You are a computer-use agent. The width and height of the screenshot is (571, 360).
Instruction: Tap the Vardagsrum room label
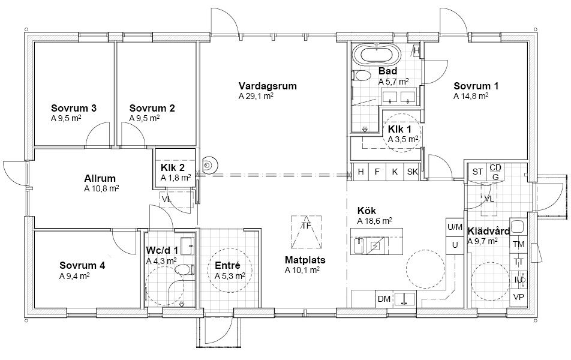click(268, 86)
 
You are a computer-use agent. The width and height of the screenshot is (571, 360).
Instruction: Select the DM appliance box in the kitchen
click(384, 299)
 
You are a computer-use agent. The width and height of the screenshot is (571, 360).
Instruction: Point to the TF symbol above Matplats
click(306, 232)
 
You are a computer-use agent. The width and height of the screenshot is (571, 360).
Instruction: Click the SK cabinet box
click(413, 172)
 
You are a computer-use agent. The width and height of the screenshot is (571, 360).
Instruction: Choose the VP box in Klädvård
click(519, 298)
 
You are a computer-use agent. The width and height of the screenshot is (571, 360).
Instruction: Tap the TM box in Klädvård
click(519, 244)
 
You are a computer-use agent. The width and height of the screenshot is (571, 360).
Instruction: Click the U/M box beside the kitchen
click(455, 227)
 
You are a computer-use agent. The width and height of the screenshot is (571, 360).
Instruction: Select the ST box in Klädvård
click(477, 172)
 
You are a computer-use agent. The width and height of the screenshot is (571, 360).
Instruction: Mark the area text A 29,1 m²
click(256, 96)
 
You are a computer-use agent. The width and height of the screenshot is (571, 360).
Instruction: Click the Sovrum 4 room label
click(82, 265)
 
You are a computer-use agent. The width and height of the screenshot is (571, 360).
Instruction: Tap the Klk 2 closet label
click(173, 167)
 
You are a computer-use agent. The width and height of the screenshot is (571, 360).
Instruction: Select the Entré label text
click(227, 265)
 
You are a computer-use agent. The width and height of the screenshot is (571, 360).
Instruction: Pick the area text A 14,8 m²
click(471, 96)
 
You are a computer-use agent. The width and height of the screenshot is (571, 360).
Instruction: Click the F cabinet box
click(377, 172)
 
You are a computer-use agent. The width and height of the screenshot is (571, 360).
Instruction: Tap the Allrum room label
click(100, 179)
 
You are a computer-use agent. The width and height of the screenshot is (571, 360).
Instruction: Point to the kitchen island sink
click(359, 245)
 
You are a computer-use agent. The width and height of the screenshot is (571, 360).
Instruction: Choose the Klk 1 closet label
click(399, 129)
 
